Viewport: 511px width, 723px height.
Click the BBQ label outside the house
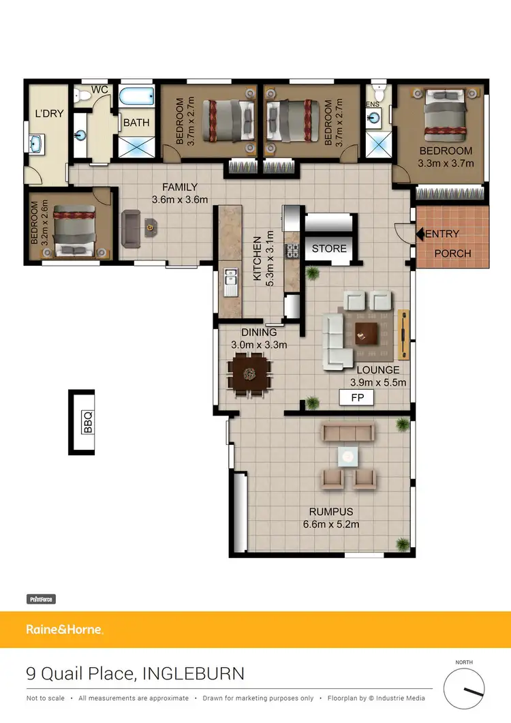[x=87, y=422]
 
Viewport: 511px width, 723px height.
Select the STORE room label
[x=330, y=249]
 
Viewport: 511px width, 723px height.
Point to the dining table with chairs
[x=249, y=373]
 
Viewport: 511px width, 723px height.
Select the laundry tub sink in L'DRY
[x=36, y=144]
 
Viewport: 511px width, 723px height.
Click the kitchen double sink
[x=230, y=279]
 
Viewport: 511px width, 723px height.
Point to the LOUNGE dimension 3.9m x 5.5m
[x=378, y=382]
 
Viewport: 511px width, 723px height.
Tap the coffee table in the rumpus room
[x=348, y=456]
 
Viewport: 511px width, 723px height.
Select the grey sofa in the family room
[x=131, y=228]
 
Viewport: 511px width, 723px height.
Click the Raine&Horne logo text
[x=64, y=630]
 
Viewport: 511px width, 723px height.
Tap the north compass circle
[x=464, y=689]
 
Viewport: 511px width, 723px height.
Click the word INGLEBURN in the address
[x=193, y=674]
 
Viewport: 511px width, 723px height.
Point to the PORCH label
[x=453, y=253]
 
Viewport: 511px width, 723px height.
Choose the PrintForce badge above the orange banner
[x=41, y=599]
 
